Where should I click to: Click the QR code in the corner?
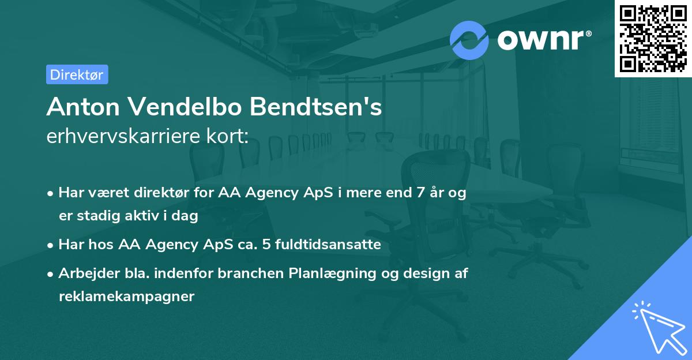[x=653, y=39]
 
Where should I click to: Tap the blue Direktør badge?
[x=77, y=74]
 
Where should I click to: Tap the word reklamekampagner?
[x=127, y=297]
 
